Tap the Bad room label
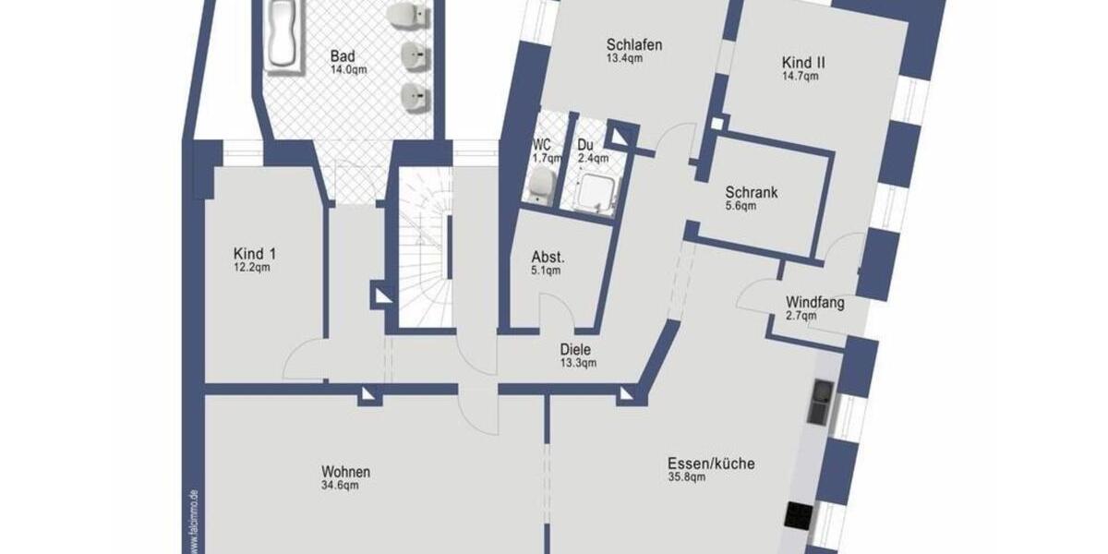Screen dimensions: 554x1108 click(343, 55)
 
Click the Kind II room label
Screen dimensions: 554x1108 click(803, 63)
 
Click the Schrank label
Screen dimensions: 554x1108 click(751, 193)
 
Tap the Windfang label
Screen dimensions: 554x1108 click(814, 302)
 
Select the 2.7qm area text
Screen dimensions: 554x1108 click(801, 316)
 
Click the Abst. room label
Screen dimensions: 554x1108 click(548, 257)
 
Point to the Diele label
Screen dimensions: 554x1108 click(574, 350)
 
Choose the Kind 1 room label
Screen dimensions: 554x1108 click(255, 254)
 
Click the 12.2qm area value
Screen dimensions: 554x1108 click(252, 268)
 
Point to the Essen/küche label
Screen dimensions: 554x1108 click(711, 464)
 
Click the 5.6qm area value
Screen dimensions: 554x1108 click(741, 206)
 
